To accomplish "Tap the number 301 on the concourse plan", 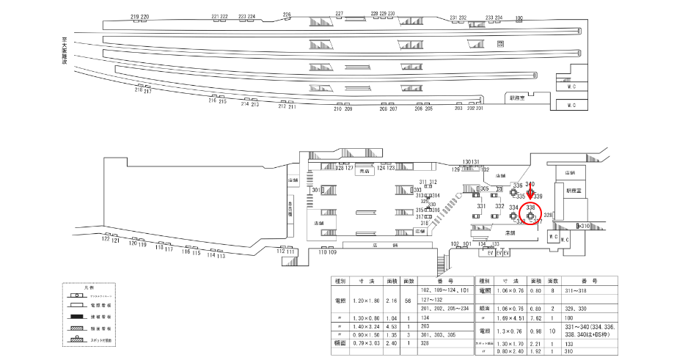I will (316, 191).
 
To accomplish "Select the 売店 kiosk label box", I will (365, 172).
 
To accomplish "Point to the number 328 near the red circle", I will (548, 215).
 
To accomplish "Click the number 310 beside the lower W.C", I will (585, 227).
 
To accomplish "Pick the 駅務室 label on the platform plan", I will (518, 96).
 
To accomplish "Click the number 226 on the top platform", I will (287, 14).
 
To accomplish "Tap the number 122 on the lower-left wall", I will (106, 239).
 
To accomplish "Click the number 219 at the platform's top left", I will (134, 16).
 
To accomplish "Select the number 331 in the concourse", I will (481, 207).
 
